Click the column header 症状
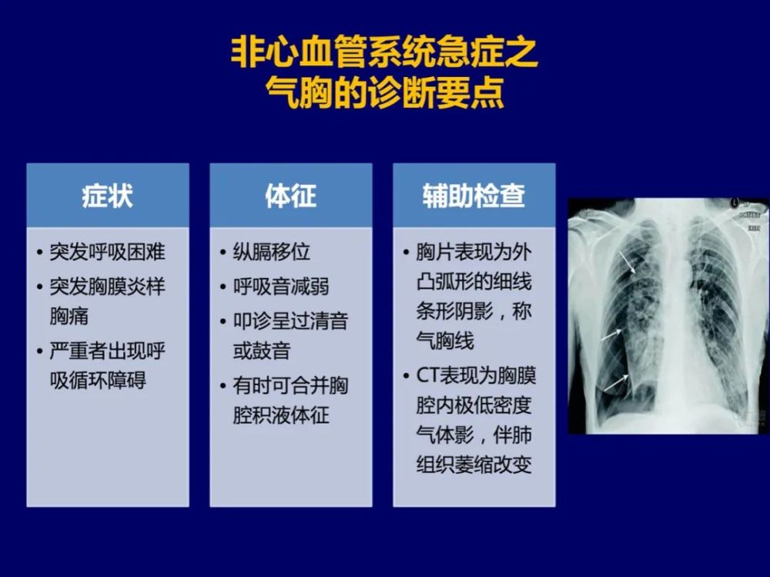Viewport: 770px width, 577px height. coord(108,196)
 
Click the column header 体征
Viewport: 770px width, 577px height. coord(291,196)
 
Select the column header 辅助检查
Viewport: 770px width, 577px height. coord(474,196)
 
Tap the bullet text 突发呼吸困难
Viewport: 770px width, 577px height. coord(108,252)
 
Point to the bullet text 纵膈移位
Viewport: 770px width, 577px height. coord(272,252)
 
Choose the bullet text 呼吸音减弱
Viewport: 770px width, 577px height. coord(281,287)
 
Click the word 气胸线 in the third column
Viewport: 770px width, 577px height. coord(445,340)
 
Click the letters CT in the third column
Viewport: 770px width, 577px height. coord(427,376)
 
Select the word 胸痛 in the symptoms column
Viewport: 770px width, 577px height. coord(69,316)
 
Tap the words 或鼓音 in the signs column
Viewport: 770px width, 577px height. coord(262,351)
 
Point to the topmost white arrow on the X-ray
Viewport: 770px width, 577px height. coord(628,263)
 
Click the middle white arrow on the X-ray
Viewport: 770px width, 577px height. coord(611,334)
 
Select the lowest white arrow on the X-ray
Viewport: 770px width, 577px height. coord(616,383)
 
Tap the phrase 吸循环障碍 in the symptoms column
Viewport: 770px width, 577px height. coord(98,381)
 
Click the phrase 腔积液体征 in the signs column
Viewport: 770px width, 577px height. coord(281,415)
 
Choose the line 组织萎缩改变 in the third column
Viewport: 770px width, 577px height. coord(474,465)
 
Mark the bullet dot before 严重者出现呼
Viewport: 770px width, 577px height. coord(40,351)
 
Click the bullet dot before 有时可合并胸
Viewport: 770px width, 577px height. coord(223,386)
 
